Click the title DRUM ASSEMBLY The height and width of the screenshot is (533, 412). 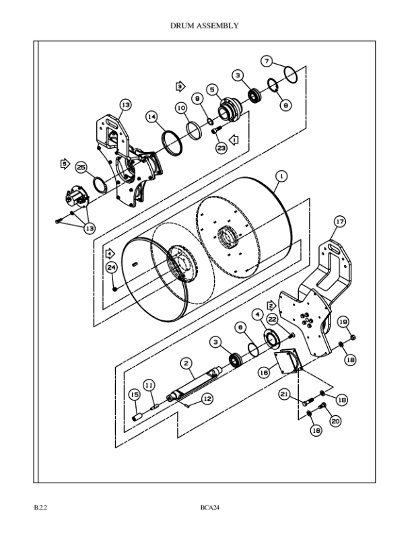click(205, 26)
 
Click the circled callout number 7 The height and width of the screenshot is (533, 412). click(267, 61)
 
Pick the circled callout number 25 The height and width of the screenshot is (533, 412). click(81, 167)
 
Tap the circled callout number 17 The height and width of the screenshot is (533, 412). click(339, 221)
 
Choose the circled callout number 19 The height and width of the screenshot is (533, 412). click(343, 321)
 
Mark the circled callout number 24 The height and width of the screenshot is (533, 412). click(112, 267)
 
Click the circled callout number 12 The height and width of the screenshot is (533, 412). click(207, 398)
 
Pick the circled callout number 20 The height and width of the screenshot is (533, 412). click(335, 421)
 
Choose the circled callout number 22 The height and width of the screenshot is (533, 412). click(272, 318)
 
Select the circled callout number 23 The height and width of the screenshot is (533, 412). click(221, 148)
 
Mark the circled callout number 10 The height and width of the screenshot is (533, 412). click(182, 108)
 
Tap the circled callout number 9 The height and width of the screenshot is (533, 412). click(198, 98)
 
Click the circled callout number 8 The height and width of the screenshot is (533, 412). click(286, 105)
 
